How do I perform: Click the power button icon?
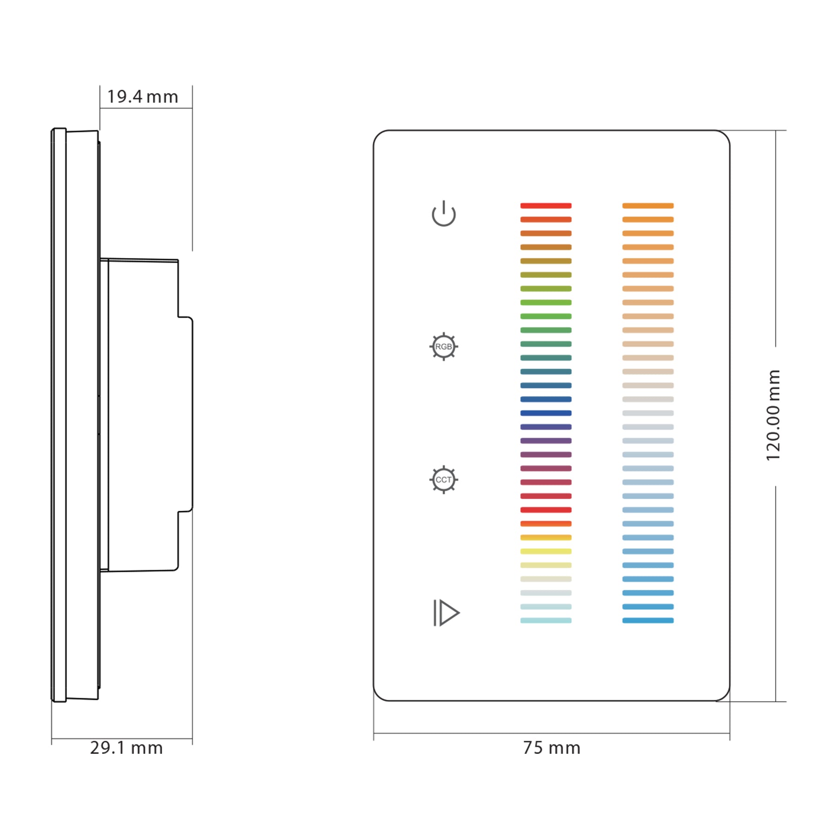[443, 214]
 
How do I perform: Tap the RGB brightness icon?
[443, 346]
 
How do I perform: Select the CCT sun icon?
[443, 480]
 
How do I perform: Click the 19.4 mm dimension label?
[142, 97]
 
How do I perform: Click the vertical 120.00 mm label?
[773, 415]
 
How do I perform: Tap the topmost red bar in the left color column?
[546, 205]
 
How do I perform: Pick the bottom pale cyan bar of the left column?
[546, 621]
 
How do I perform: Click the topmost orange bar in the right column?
[648, 205]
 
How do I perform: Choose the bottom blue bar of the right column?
[648, 621]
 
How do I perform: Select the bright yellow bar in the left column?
[546, 551]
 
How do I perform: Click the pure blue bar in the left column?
[546, 413]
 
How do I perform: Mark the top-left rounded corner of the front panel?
[378, 135]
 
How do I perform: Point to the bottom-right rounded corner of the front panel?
[725, 696]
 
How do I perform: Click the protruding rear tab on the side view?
[186, 414]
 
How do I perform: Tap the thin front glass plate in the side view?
[59, 414]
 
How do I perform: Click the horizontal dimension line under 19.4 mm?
[146, 108]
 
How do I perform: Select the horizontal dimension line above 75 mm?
[551, 733]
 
